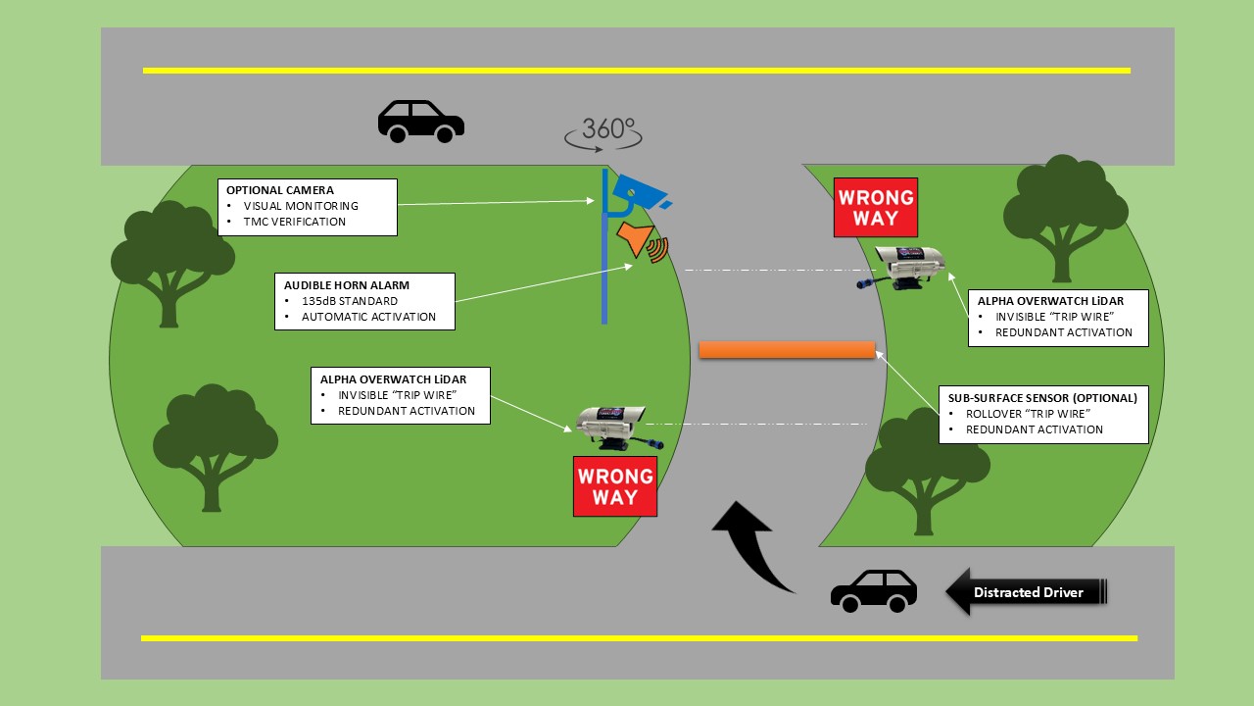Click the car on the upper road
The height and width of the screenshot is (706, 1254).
[421, 122]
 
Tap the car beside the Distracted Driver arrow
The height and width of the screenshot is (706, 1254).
[874, 591]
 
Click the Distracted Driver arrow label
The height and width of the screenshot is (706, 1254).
[1026, 592]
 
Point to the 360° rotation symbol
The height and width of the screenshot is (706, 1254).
[603, 132]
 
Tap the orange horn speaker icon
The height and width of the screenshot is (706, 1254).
[635, 239]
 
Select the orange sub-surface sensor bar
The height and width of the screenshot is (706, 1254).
[787, 350]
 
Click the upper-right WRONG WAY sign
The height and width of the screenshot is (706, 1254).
[876, 207]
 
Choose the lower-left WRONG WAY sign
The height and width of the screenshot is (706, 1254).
[615, 486]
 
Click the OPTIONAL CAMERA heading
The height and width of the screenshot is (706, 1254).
[280, 189]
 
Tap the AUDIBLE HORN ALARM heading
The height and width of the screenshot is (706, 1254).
[346, 284]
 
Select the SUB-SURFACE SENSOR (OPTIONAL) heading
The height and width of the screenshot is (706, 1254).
[1042, 398]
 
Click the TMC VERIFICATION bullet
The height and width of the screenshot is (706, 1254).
[295, 222]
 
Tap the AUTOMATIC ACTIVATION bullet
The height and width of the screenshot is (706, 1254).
[368, 317]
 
